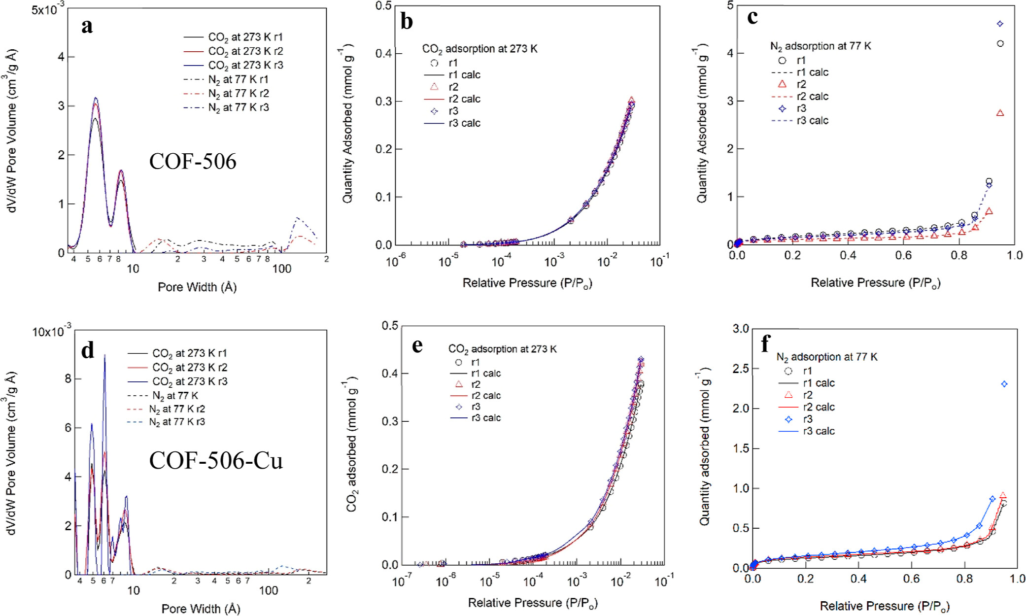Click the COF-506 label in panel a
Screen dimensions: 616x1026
tap(193, 162)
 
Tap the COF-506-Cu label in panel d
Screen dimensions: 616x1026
tap(216, 461)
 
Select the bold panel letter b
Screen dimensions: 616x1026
tap(407, 22)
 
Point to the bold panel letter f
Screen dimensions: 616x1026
tap(765, 343)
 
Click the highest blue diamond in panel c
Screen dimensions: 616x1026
tap(1000, 24)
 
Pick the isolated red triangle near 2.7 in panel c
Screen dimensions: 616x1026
tap(1000, 113)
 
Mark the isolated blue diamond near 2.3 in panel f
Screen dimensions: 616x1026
tap(1004, 384)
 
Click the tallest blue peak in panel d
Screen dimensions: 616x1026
tap(104, 356)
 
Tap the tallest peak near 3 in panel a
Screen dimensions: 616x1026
tap(96, 98)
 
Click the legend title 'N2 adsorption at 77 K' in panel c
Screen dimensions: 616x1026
tap(821, 46)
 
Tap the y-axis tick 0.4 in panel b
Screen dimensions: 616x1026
tap(383, 53)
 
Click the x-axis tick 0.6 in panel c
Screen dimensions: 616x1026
tap(903, 255)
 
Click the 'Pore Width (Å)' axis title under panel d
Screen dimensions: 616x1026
tap(201, 609)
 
